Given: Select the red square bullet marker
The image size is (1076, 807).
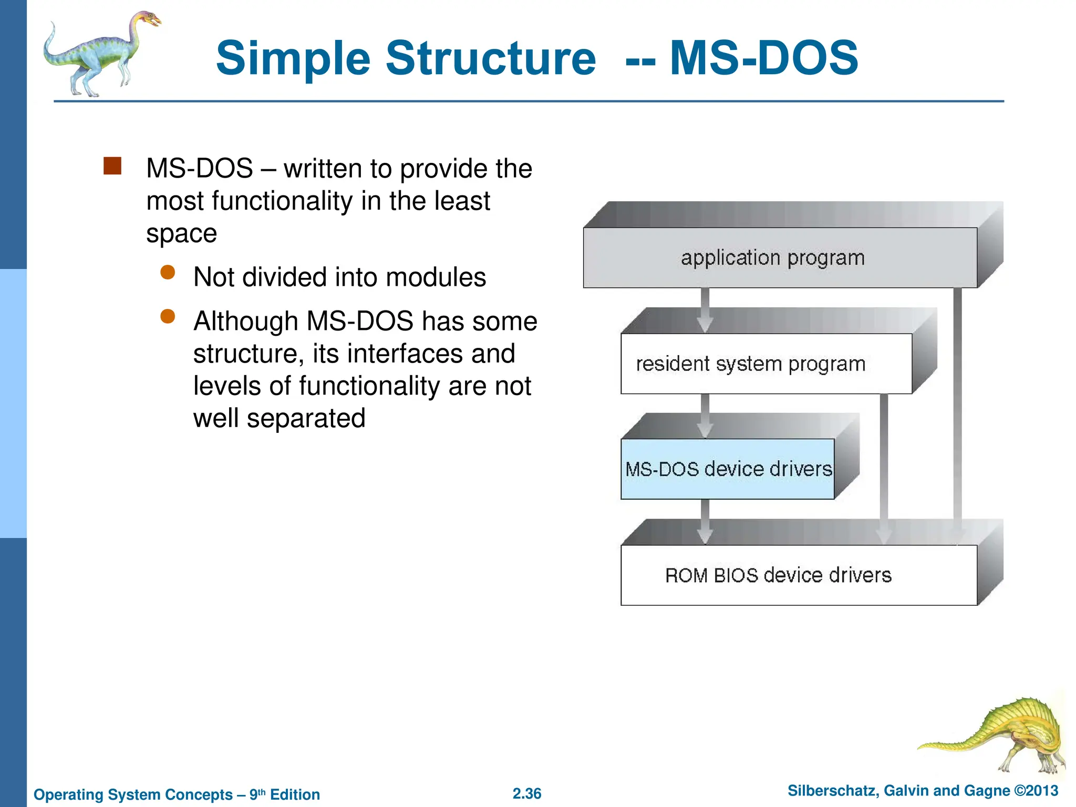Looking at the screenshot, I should [112, 166].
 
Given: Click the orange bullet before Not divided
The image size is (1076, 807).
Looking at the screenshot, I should [168, 272].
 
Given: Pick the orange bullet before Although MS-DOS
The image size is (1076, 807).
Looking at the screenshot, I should [168, 316].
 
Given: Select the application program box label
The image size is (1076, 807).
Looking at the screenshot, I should [772, 258].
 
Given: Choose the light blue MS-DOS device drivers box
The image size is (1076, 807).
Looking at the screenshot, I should [728, 469].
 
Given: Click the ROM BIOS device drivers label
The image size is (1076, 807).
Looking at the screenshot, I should [778, 575].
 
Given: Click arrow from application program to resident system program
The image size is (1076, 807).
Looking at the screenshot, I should [705, 310].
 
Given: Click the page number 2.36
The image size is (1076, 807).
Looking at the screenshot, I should [527, 794].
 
